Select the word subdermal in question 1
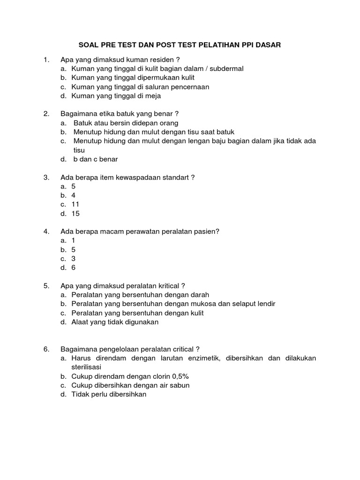[x=227, y=68]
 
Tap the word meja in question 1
[x=153, y=96]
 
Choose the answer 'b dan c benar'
[x=96, y=159]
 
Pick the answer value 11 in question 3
[x=75, y=204]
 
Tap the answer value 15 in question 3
[x=75, y=213]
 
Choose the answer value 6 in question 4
[x=74, y=268]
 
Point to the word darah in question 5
[x=200, y=295]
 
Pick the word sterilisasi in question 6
[x=90, y=367]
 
